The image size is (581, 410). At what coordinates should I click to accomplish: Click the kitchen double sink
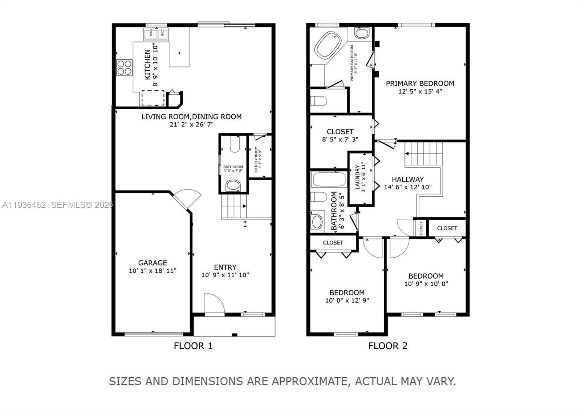click(156, 34)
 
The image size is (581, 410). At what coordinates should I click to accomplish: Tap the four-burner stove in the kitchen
click(124, 67)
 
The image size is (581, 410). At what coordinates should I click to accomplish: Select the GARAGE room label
click(153, 263)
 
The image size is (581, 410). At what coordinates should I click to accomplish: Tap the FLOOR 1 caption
click(193, 346)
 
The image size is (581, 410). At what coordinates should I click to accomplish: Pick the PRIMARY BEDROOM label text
click(420, 83)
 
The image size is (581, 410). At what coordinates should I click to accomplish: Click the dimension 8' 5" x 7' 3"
click(340, 139)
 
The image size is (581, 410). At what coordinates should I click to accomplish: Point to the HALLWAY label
click(407, 179)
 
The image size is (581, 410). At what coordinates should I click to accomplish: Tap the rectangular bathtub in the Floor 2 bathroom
click(329, 180)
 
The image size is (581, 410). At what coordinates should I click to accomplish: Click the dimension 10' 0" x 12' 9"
click(347, 300)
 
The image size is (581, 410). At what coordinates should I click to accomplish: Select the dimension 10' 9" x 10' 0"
click(426, 284)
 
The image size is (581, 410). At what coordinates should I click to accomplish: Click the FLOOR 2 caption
click(387, 346)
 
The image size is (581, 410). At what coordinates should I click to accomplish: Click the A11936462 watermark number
click(24, 205)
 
